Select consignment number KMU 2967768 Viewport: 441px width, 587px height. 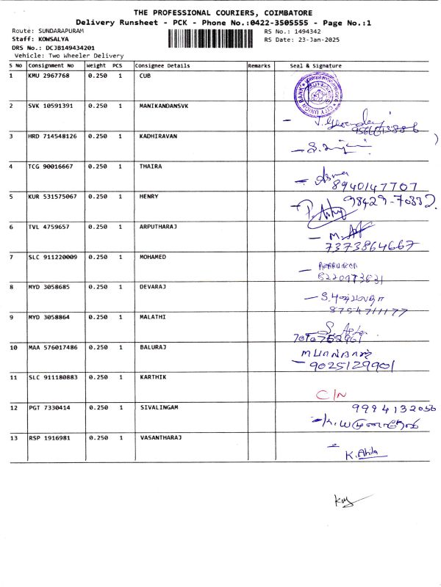point(49,76)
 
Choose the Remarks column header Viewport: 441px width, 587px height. point(259,66)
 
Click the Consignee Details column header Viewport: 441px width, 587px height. point(162,66)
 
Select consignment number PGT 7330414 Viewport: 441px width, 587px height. point(49,407)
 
